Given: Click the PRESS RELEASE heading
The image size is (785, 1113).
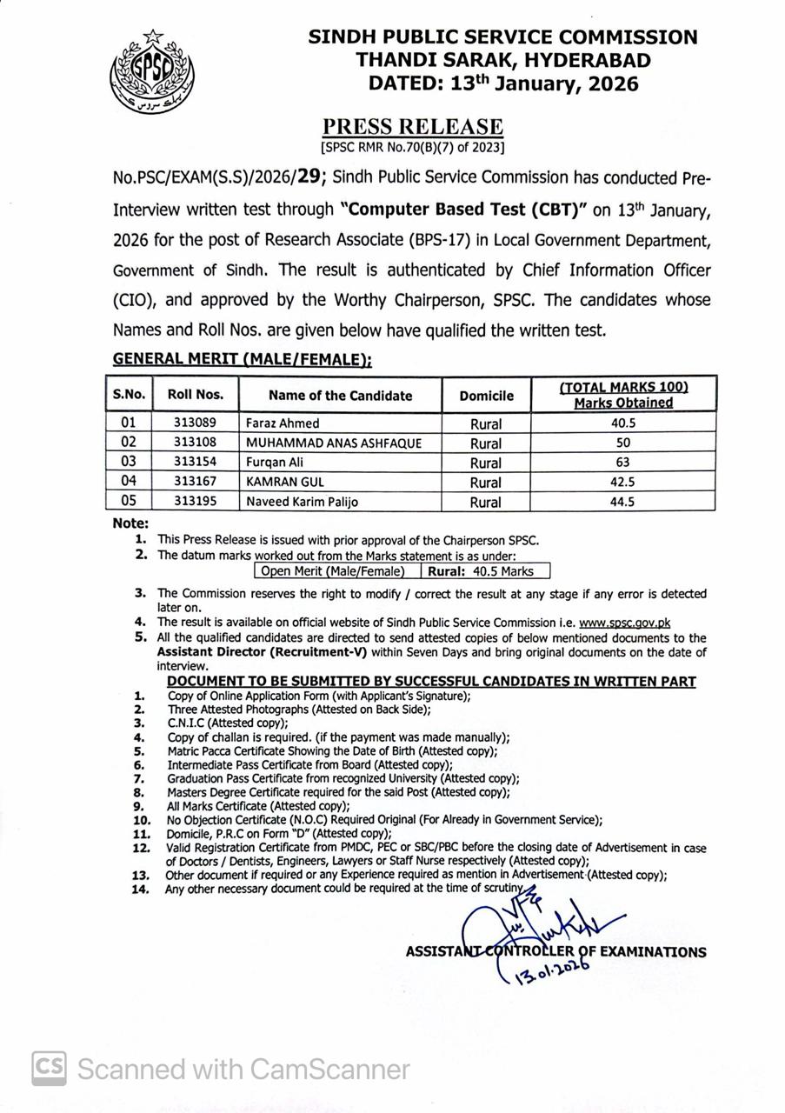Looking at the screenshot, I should tap(413, 128).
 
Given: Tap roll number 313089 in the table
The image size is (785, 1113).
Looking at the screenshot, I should tap(196, 423).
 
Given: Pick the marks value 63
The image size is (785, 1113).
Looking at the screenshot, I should tap(622, 463).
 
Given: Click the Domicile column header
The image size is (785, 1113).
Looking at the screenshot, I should tap(486, 396).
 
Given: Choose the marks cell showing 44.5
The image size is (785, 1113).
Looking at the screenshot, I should tap(622, 502).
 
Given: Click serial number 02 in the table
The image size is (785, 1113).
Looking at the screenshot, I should tap(129, 443).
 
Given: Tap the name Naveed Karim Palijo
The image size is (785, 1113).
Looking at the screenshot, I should tap(303, 502).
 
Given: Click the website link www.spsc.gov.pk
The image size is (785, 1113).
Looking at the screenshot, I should tap(624, 623).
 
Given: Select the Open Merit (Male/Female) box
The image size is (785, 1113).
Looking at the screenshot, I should tap(333, 571).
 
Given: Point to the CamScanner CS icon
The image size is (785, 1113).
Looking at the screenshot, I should tap(49, 1068).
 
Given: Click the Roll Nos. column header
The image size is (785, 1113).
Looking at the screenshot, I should tap(196, 395).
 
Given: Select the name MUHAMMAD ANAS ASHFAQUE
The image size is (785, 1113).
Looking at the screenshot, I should tap(334, 443).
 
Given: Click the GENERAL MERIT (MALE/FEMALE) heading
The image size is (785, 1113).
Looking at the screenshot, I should tap(242, 359).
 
